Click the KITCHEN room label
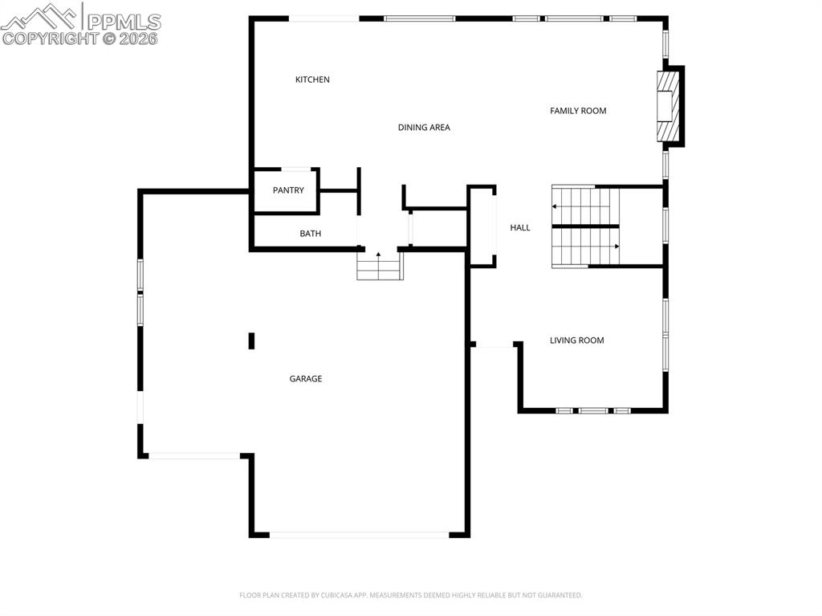point(312,80)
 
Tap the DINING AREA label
point(424,128)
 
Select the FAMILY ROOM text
point(578,111)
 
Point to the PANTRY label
point(288,190)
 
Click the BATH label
point(311,234)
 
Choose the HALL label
point(520,228)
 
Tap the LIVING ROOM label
point(576,341)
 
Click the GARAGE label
point(306,379)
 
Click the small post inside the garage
point(251,341)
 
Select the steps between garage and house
point(380,266)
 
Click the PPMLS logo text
point(124,22)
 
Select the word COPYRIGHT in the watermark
point(50,39)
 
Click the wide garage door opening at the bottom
point(359,535)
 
